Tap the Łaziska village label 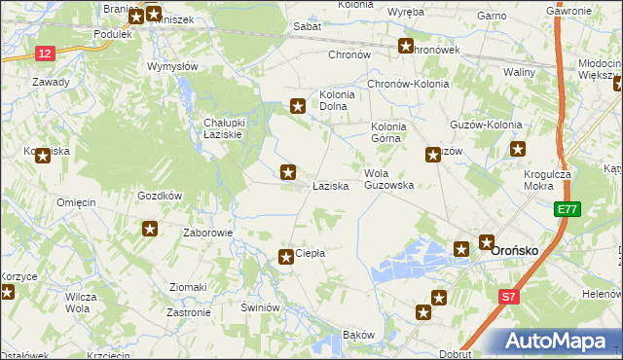[330, 185]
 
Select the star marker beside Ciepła [286, 257]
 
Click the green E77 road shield [567, 209]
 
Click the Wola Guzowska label [388, 179]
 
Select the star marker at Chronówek [406, 45]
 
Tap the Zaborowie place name [208, 234]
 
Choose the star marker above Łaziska [288, 172]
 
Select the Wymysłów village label [172, 66]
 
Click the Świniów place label [261, 306]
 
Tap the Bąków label [358, 335]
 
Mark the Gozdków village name [161, 195]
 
